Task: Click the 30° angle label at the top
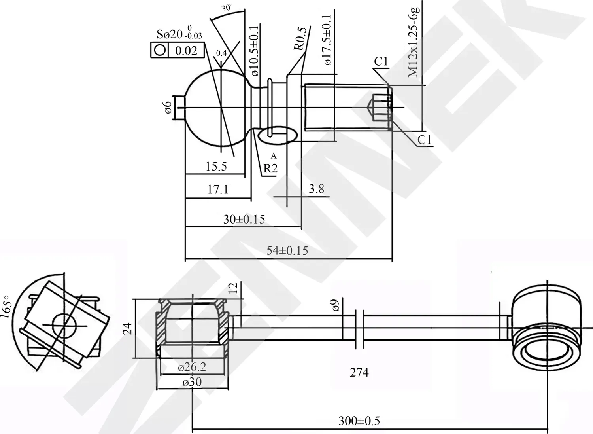click(x=227, y=8)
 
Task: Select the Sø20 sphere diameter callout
click(x=179, y=34)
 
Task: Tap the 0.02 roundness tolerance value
click(x=186, y=51)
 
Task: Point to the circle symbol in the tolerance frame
click(x=160, y=50)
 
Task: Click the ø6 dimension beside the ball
click(x=168, y=108)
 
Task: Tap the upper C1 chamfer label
click(x=381, y=62)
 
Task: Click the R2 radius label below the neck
click(x=270, y=169)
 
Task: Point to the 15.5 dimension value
click(x=216, y=167)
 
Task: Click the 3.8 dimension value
click(x=317, y=189)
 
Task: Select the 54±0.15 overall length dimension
click(x=287, y=250)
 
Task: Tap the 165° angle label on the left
click(x=7, y=307)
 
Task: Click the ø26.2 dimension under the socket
click(x=192, y=367)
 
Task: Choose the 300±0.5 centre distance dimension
click(x=359, y=421)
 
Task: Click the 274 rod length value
click(x=359, y=372)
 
